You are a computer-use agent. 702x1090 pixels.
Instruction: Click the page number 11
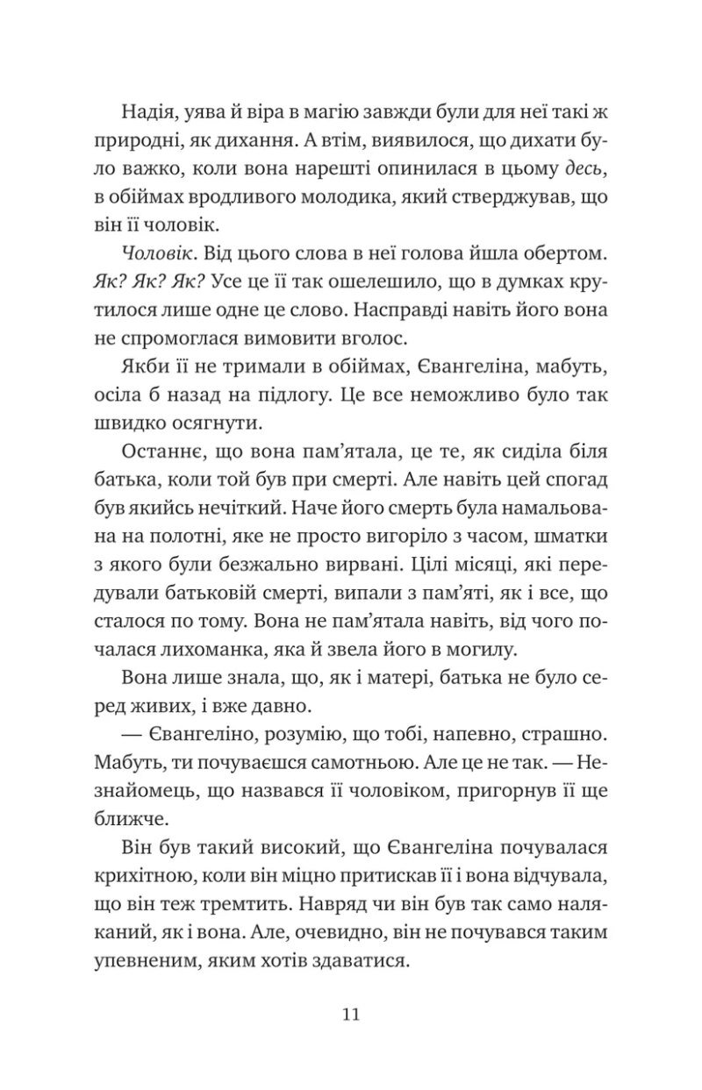click(x=350, y=1015)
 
